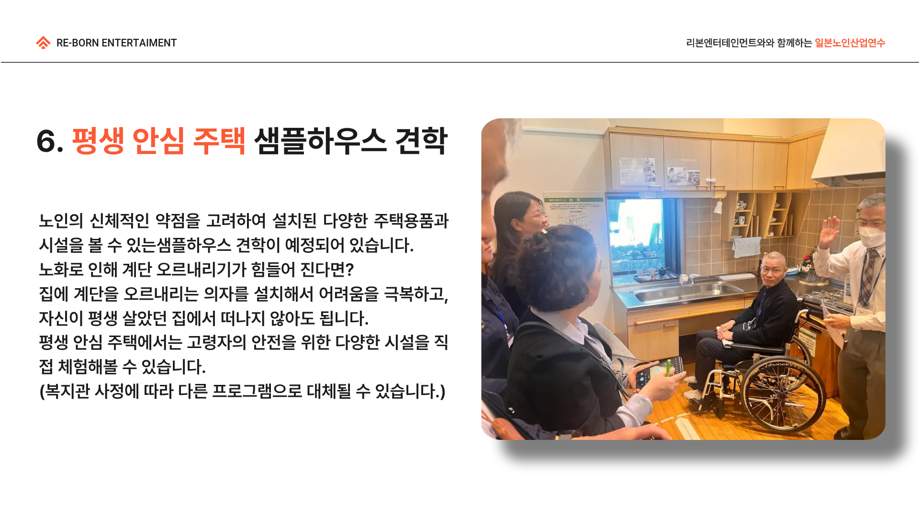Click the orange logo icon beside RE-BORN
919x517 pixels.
pos(43,43)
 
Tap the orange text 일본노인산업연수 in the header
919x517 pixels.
pos(850,43)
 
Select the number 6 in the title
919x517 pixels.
pos(46,142)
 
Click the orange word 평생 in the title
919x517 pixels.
pos(98,141)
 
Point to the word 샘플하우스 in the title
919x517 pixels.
pos(320,141)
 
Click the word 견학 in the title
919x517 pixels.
pos(421,141)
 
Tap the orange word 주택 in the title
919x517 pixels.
pos(219,141)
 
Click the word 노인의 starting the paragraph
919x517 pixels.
pos(61,221)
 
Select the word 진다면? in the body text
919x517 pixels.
pos(327,270)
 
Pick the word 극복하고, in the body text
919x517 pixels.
pos(416,294)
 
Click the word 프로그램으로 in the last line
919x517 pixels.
pos(257,391)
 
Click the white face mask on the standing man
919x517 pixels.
pos(872,236)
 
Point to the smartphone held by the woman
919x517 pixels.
pos(658,370)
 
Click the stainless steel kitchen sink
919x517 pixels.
pos(685,292)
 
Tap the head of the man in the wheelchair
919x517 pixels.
pos(773,269)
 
